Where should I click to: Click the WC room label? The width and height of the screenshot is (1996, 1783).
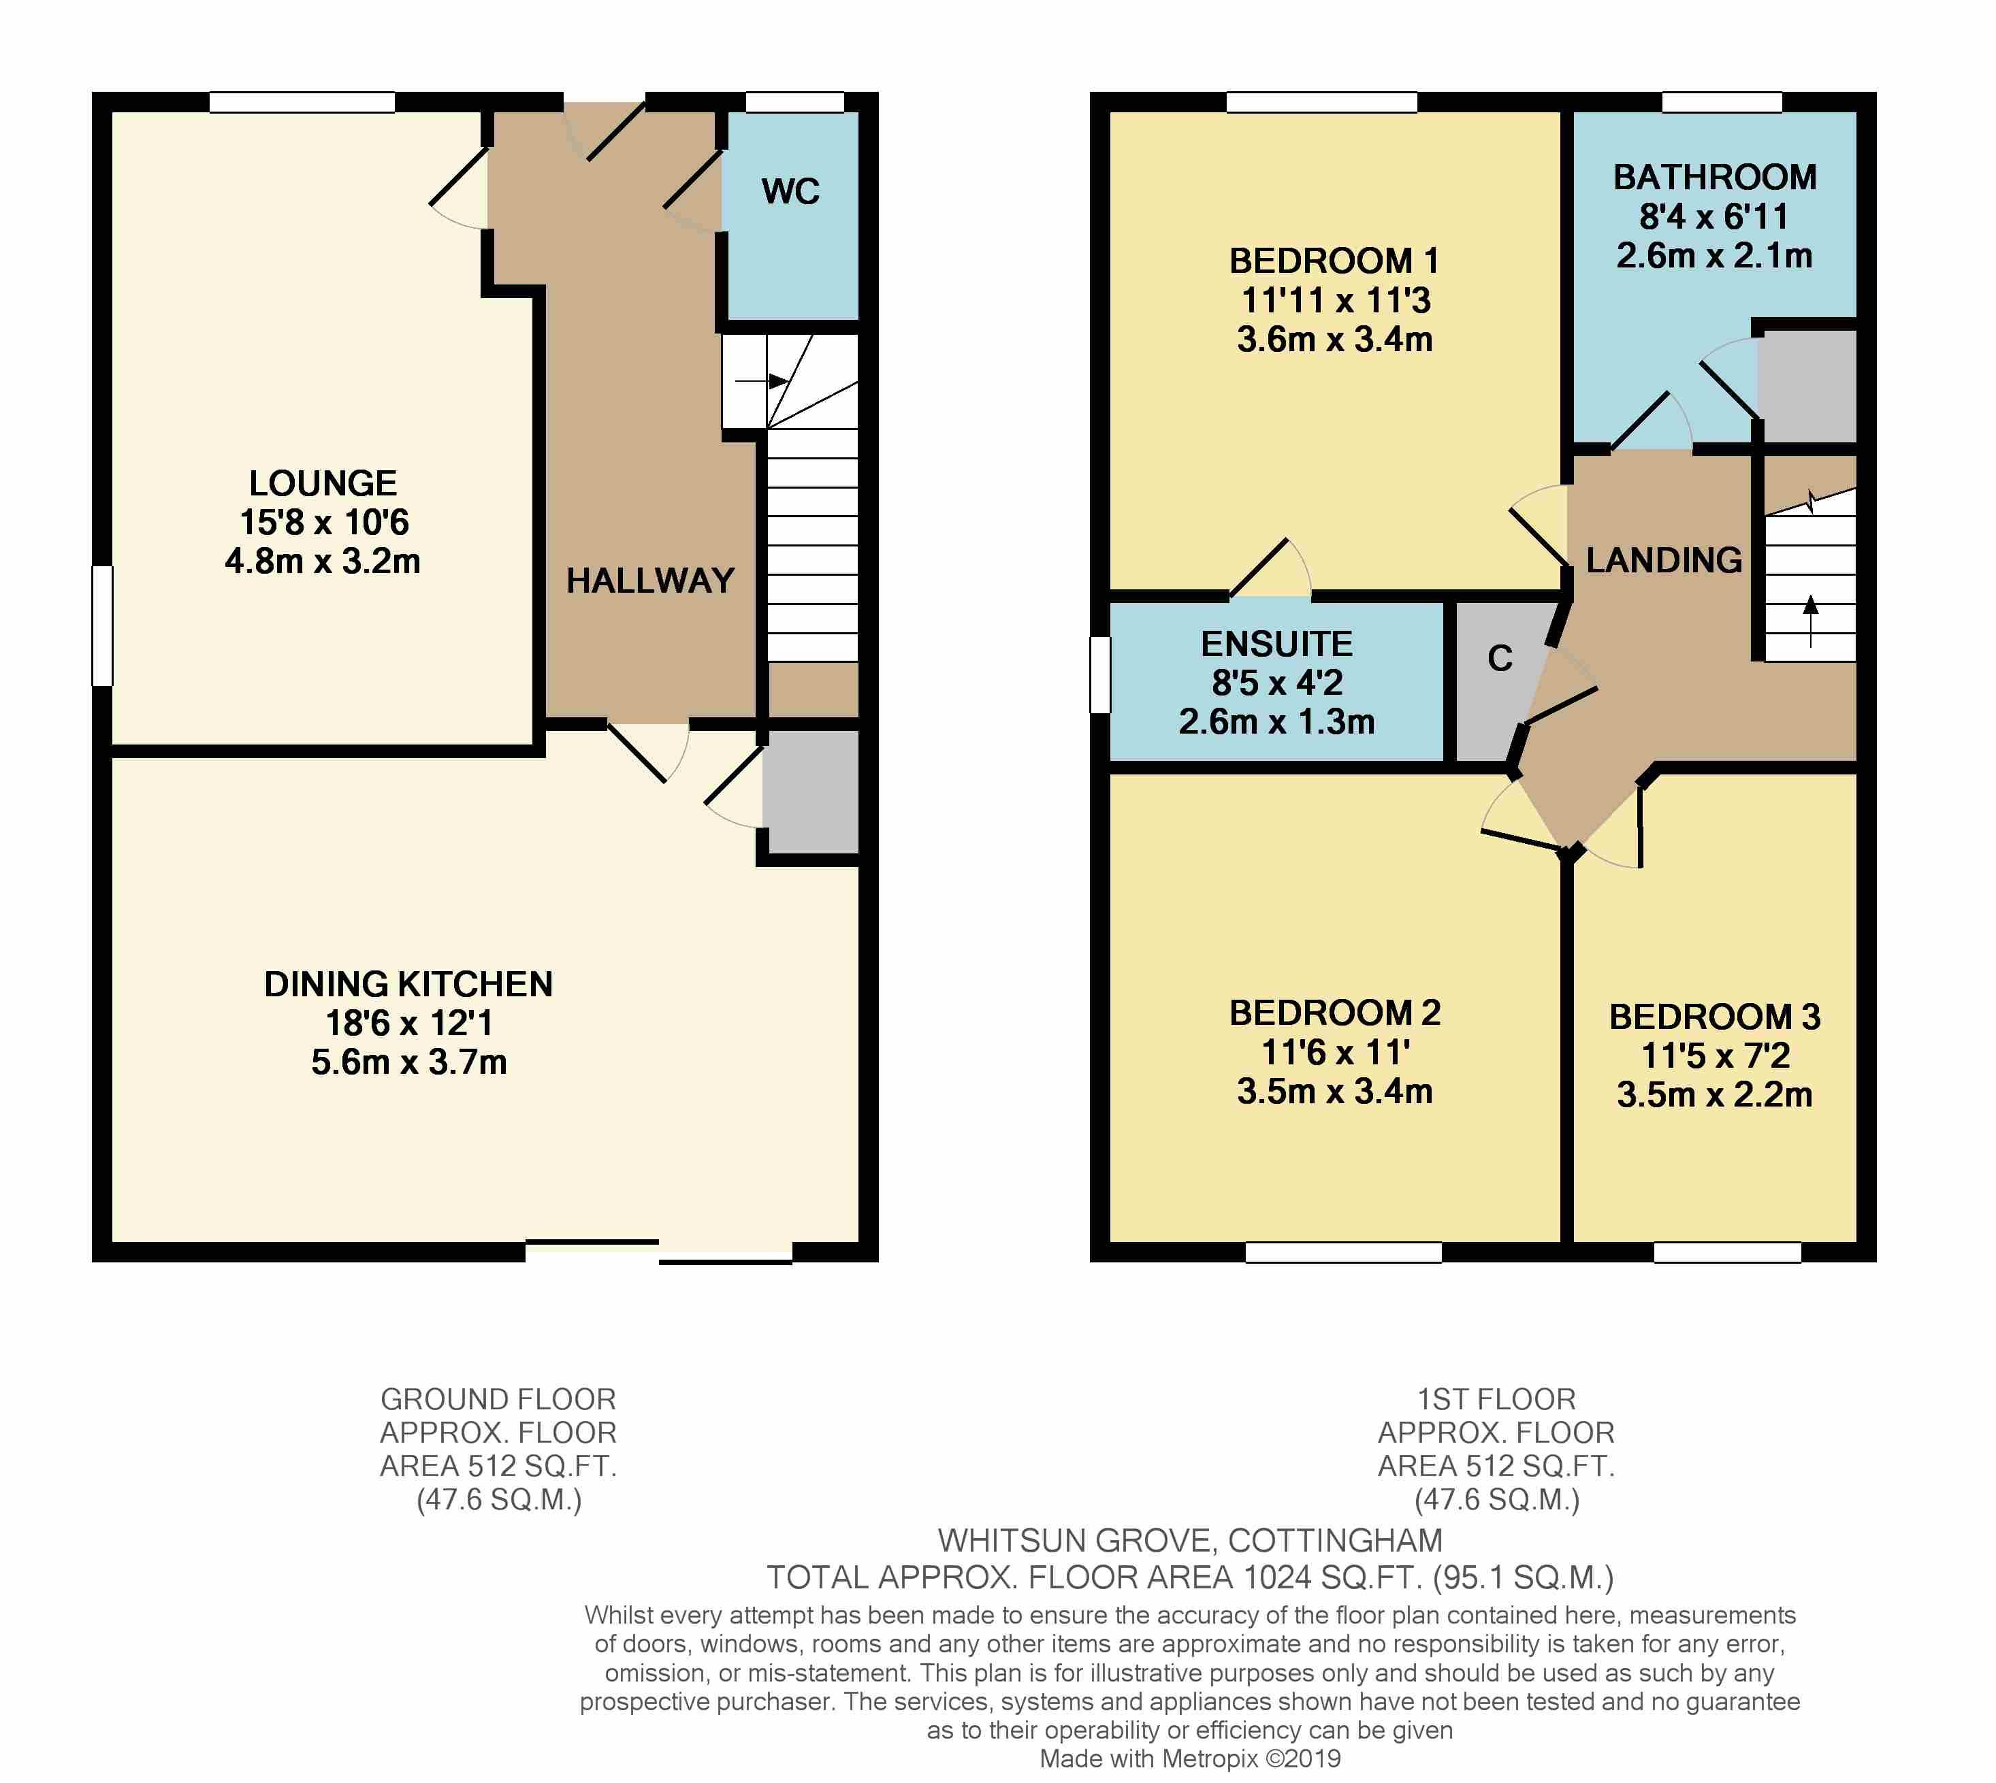pyautogui.click(x=790, y=191)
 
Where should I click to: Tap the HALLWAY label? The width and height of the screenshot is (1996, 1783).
pyautogui.click(x=649, y=581)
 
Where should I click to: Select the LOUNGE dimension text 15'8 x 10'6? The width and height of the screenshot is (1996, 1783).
pyautogui.click(x=323, y=522)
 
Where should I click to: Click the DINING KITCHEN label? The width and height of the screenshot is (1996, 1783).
pyautogui.click(x=408, y=983)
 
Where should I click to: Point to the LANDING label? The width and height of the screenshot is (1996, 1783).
pyautogui.click(x=1663, y=560)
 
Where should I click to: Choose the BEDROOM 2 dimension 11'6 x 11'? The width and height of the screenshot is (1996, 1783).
pyautogui.click(x=1334, y=1052)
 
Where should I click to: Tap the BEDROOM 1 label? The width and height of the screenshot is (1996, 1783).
pyautogui.click(x=1334, y=261)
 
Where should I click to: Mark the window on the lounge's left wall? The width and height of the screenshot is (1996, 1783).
pyautogui.click(x=103, y=626)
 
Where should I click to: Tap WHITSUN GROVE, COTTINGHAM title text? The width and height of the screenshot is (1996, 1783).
pyautogui.click(x=1189, y=1540)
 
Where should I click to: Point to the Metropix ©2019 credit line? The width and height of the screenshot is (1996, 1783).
pyautogui.click(x=1189, y=1759)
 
